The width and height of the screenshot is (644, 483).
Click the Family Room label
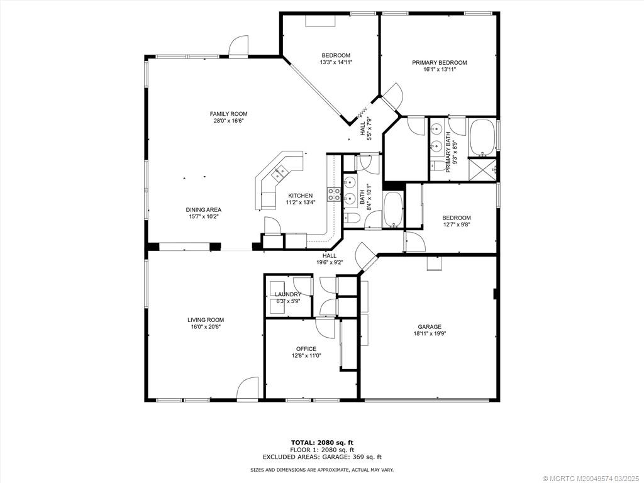[229, 114]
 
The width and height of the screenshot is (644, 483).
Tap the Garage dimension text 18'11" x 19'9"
[430, 334]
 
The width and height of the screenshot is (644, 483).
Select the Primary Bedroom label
[440, 63]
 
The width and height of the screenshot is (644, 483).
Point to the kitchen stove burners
[333, 194]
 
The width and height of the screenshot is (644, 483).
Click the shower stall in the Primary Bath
[484, 169]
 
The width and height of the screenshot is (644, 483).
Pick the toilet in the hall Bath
[352, 217]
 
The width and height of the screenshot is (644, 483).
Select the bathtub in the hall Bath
[394, 209]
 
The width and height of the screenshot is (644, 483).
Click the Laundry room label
[288, 294]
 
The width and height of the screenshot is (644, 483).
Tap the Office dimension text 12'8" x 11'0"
[306, 356]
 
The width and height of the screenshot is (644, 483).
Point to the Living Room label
[206, 320]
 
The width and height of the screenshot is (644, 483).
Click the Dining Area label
[204, 210]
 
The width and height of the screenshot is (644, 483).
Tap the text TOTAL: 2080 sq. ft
[322, 442]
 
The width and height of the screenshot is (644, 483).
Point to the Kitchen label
[300, 196]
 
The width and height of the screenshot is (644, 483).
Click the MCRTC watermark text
[592, 479]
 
